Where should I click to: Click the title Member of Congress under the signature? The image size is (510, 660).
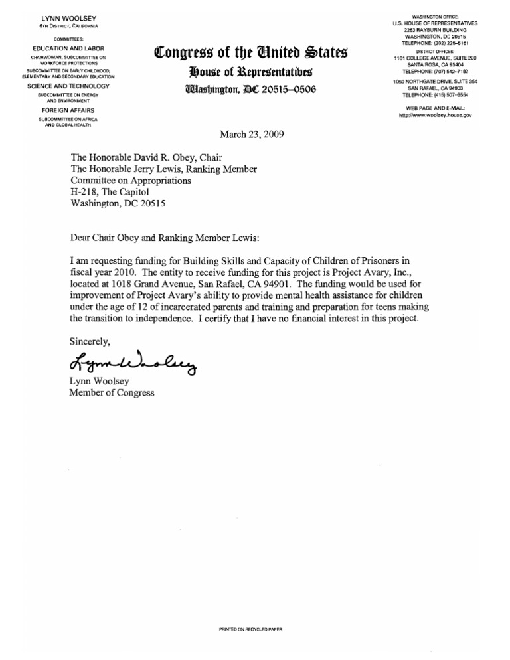(112, 393)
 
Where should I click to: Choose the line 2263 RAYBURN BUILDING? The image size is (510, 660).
(436, 30)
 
